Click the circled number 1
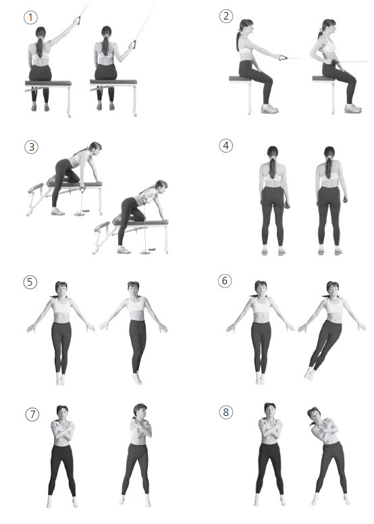30,18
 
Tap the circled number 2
226,16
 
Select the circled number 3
32,147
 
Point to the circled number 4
226,146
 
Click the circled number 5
30,282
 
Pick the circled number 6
225,281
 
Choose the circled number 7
32,415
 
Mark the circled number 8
226,413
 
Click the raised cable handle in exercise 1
78,20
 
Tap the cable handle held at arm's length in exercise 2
283,58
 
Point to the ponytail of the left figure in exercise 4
273,166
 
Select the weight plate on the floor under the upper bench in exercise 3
80,213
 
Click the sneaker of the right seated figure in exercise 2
353,109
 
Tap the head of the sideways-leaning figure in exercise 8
313,414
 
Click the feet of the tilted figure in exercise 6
309,373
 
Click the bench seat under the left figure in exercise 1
48,83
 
